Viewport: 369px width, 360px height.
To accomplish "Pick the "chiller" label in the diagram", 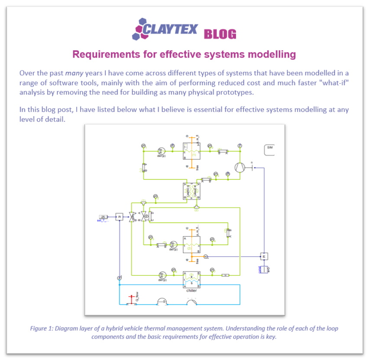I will [x=191, y=290].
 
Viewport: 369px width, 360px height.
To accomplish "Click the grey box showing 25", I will [x=103, y=216].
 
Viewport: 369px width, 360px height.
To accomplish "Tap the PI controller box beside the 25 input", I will [x=119, y=216].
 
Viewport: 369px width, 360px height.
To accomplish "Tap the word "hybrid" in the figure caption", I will [x=132, y=328].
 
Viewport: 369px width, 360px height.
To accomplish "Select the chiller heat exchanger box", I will [x=191, y=279].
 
